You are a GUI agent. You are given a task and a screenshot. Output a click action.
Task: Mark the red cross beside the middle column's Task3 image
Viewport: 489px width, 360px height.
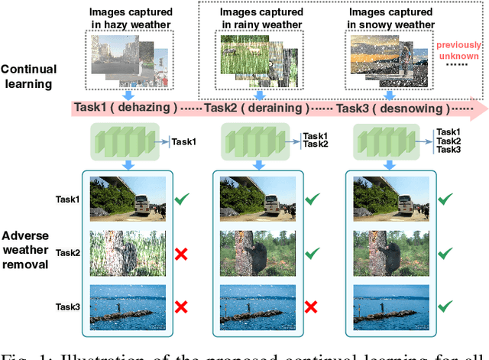311,306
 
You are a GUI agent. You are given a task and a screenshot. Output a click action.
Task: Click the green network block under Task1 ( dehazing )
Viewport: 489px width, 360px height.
122,142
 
